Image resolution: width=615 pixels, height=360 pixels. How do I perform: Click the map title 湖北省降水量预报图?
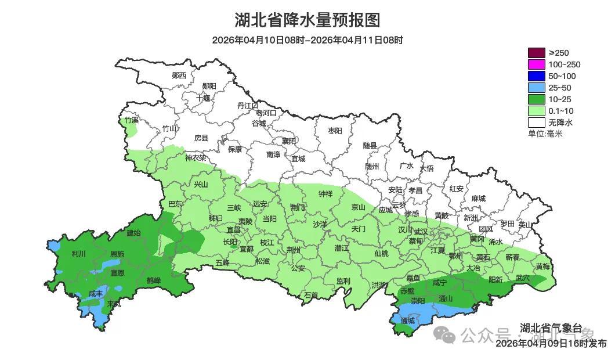point(307,20)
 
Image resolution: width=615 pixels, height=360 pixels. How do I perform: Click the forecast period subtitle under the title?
point(307,40)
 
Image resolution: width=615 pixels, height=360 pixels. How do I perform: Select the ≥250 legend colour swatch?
point(537,53)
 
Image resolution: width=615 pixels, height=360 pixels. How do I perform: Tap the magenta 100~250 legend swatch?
point(537,64)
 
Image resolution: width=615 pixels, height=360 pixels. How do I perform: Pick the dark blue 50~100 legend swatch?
point(537,76)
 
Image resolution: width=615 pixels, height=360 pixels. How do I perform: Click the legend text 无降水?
point(560,123)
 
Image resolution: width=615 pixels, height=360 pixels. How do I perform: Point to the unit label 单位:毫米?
point(545,134)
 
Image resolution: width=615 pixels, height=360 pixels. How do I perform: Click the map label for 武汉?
point(421,232)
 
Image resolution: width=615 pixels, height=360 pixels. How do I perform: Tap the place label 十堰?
point(203,98)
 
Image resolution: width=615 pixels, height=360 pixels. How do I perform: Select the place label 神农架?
point(196,157)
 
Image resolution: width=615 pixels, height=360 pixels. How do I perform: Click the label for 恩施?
point(117,254)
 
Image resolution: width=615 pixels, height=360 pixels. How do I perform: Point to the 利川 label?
point(78,254)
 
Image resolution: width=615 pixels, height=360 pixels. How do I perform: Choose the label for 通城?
point(408,321)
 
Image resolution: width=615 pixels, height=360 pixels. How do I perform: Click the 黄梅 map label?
point(543,267)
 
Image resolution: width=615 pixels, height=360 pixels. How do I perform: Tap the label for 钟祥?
point(325,194)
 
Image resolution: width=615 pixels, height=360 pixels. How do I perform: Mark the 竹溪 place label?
point(132,120)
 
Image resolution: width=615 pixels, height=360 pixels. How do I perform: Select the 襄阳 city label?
point(289,141)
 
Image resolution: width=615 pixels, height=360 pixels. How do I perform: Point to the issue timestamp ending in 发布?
point(551,344)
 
